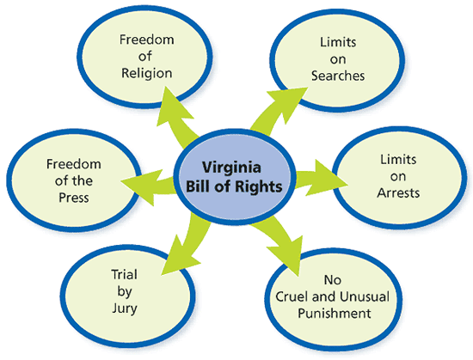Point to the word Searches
click(338, 75)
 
